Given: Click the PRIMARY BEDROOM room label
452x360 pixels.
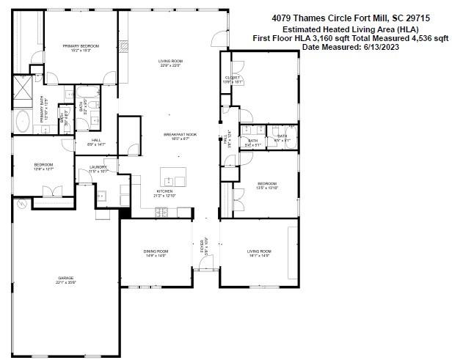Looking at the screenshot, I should tap(81, 45).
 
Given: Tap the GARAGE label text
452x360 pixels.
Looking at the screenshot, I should tap(67, 278).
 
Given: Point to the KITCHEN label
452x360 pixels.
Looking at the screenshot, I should tap(164, 191).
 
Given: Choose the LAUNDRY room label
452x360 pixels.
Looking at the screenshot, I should tap(98, 167).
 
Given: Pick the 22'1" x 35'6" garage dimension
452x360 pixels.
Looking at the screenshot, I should tap(67, 282).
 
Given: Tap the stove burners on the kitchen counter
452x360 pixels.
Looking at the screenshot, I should tap(162, 213).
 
